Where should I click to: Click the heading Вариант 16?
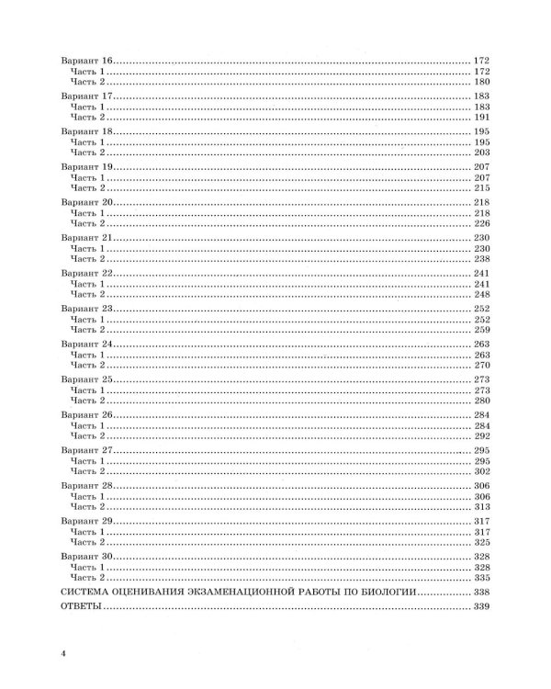coord(85,60)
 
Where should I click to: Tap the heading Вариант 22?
coord(85,273)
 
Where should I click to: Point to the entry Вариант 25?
coord(85,379)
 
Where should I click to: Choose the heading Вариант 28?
coord(85,485)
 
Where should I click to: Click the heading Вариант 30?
coord(85,557)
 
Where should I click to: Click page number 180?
coord(484,82)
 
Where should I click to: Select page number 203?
coord(484,152)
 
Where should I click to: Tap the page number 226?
coord(484,223)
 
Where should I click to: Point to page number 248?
coord(484,294)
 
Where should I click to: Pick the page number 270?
coord(484,365)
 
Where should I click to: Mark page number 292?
coord(484,435)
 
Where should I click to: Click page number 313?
coord(484,506)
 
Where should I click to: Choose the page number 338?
coord(484,594)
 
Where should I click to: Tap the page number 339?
coord(484,609)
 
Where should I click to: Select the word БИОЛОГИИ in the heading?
coord(385,594)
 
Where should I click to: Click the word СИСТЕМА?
coord(85,594)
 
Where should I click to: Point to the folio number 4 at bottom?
coord(62,652)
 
